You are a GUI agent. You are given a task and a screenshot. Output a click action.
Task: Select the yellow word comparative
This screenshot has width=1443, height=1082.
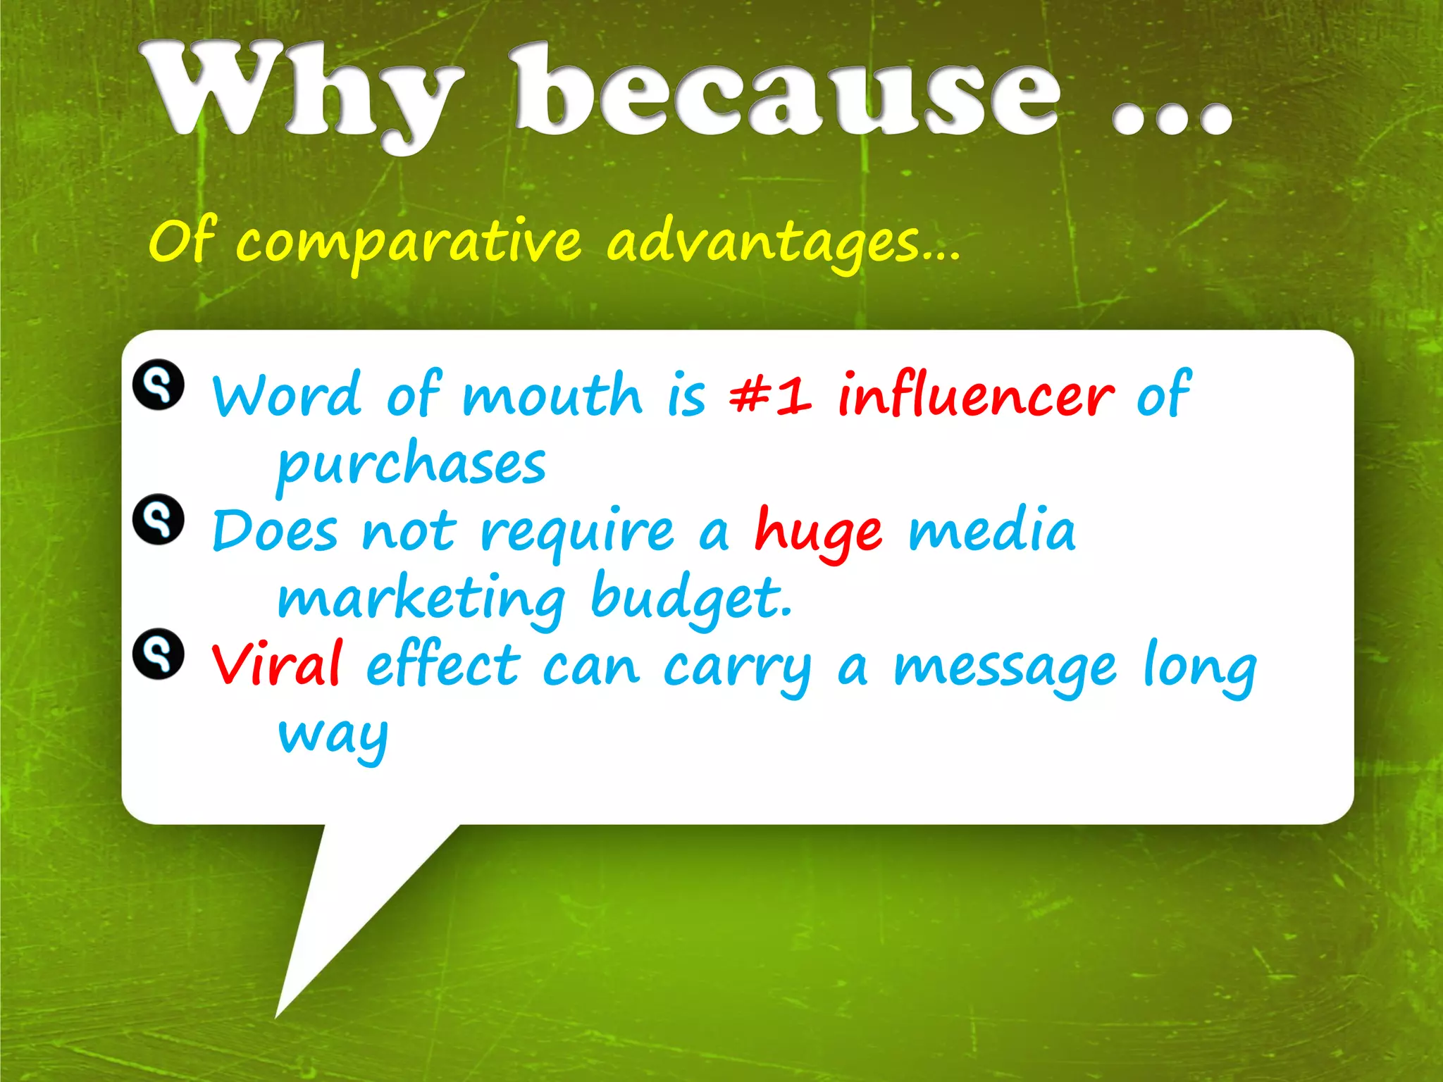(409, 243)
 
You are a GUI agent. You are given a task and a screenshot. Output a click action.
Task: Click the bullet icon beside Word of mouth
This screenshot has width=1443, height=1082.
(159, 385)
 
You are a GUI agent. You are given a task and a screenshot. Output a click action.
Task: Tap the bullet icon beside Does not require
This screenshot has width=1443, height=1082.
(159, 519)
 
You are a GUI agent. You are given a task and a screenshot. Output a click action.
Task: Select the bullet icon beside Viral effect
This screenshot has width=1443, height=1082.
(159, 654)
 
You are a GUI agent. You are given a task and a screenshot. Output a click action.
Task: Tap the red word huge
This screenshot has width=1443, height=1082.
(817, 532)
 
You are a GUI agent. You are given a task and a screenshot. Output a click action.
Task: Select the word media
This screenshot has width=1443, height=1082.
(991, 530)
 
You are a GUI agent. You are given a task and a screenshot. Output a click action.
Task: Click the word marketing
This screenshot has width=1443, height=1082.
(421, 599)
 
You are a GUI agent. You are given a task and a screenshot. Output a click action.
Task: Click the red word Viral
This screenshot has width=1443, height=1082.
(277, 664)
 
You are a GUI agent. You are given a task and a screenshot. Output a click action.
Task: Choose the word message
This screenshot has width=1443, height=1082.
(1005, 668)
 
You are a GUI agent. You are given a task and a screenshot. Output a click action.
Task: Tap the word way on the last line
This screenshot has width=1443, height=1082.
(333, 736)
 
